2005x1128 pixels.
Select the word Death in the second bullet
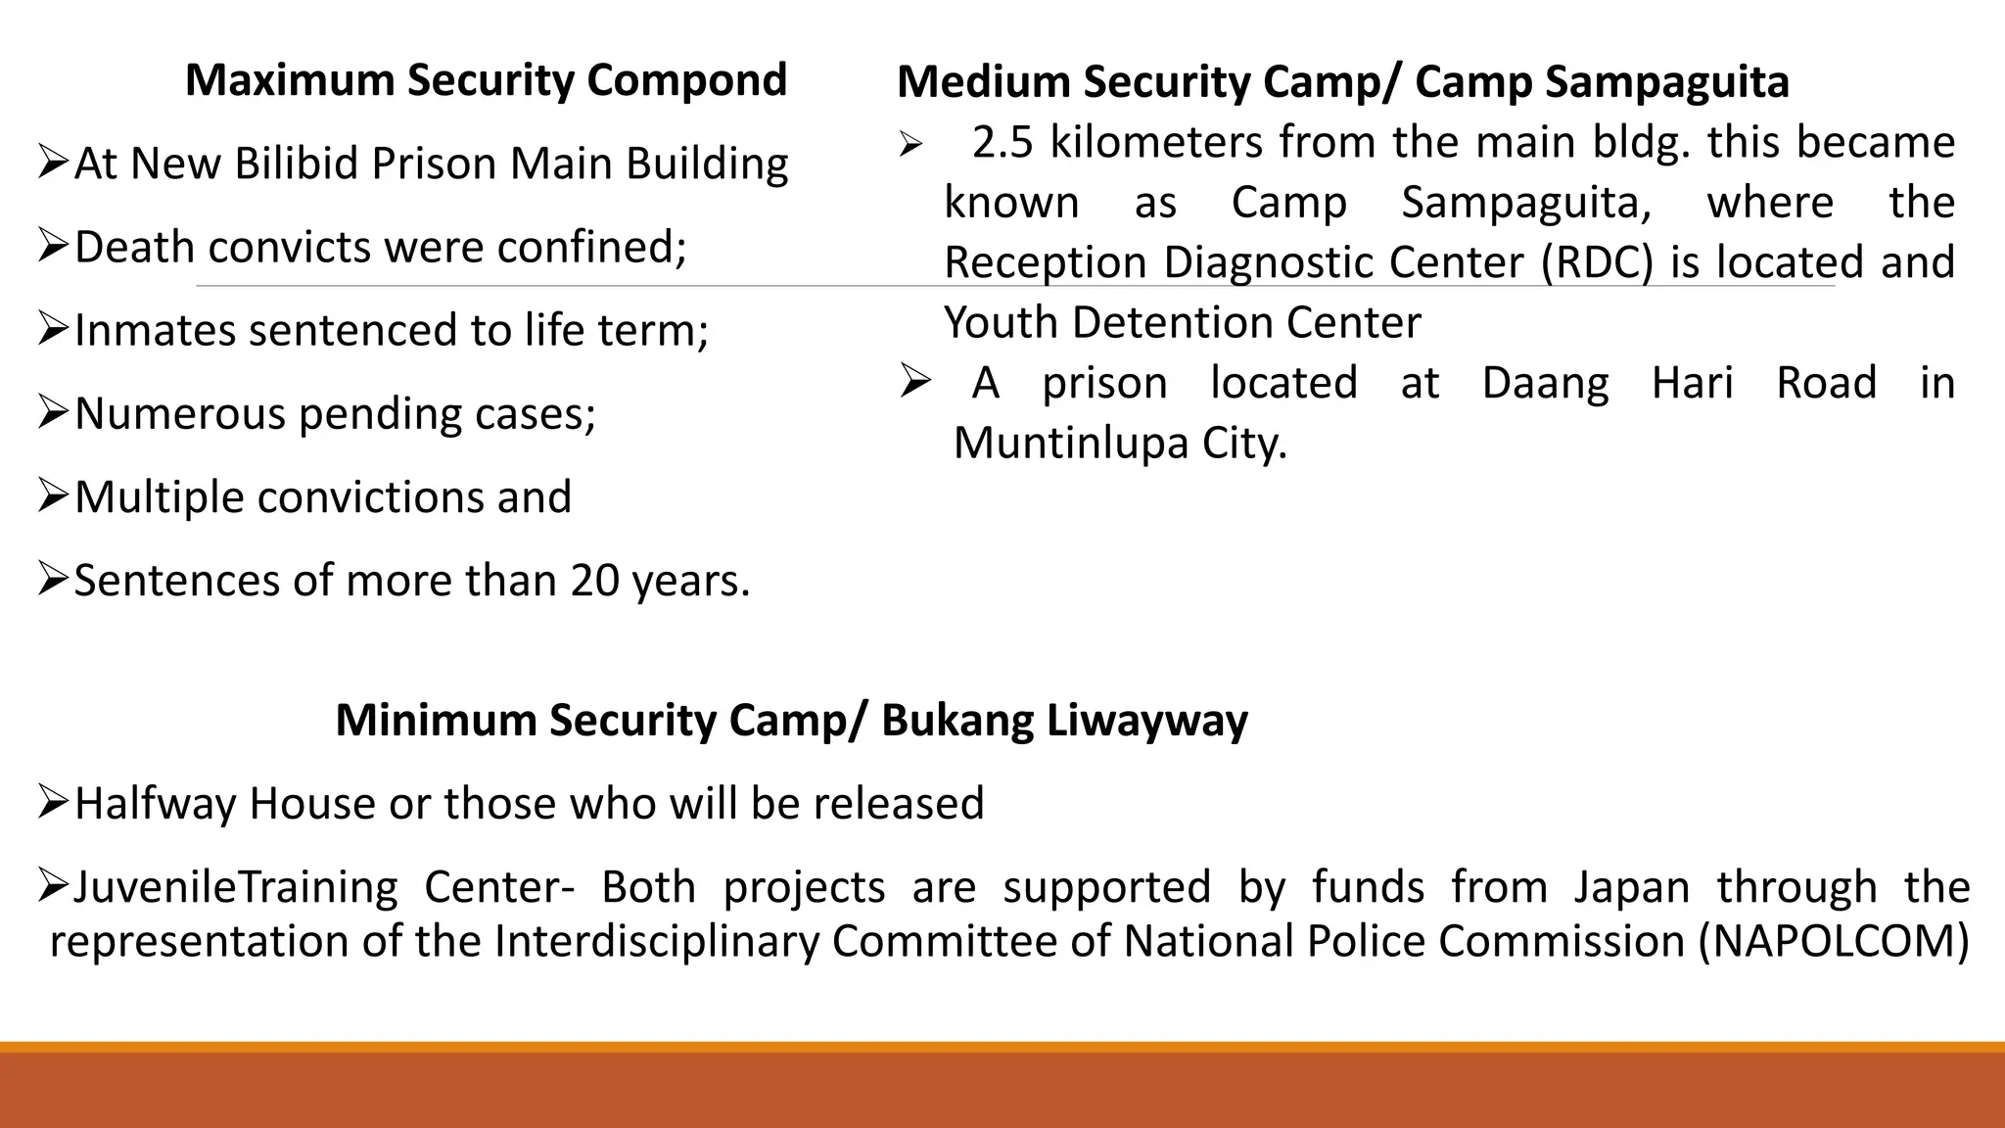point(133,247)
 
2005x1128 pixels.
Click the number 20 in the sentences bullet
point(595,581)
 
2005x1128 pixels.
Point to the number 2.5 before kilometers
point(1002,143)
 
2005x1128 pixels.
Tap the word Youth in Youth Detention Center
point(1001,323)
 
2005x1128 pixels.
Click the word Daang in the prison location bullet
point(1545,383)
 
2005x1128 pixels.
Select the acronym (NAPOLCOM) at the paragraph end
point(1834,942)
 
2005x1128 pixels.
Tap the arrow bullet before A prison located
point(915,381)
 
